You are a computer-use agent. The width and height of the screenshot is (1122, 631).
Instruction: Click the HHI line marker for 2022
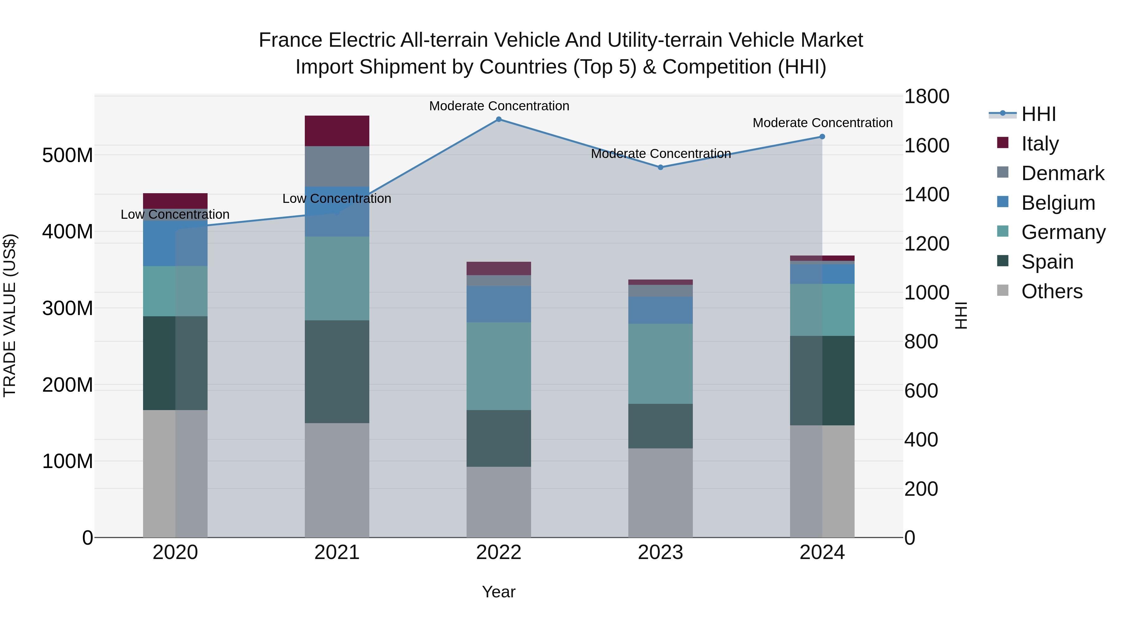pyautogui.click(x=499, y=119)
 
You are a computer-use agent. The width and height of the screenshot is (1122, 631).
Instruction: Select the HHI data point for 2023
pyautogui.click(x=660, y=167)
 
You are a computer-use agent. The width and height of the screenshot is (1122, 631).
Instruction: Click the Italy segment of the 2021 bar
pyautogui.click(x=337, y=131)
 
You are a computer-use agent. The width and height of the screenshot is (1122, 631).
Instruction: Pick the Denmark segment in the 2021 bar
pyautogui.click(x=337, y=166)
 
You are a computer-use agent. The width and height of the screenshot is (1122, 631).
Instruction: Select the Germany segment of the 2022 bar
pyautogui.click(x=499, y=366)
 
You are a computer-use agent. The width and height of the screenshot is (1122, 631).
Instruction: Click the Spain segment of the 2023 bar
pyautogui.click(x=660, y=426)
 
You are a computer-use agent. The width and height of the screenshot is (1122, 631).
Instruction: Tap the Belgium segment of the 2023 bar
pyautogui.click(x=660, y=310)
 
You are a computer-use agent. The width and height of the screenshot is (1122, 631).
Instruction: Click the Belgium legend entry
pyautogui.click(x=1057, y=203)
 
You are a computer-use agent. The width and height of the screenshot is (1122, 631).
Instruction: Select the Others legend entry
pyautogui.click(x=1052, y=291)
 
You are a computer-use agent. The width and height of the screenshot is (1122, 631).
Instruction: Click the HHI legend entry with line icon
pyautogui.click(x=1038, y=114)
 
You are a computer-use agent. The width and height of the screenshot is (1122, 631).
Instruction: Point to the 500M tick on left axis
pyautogui.click(x=68, y=155)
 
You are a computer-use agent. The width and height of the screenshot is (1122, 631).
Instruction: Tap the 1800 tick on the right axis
pyautogui.click(x=927, y=96)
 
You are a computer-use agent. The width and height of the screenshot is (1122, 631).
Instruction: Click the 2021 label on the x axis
pyautogui.click(x=337, y=552)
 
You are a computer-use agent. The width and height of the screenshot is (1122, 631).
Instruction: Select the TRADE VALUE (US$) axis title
pyautogui.click(x=10, y=315)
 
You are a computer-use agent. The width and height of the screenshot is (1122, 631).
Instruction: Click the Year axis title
pyautogui.click(x=499, y=592)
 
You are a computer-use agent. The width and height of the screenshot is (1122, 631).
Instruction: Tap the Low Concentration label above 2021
pyautogui.click(x=337, y=198)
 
